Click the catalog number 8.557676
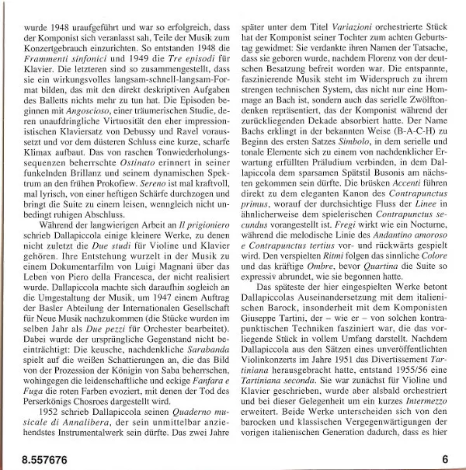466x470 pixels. (32, 461)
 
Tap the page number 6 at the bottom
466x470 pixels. (446, 460)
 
